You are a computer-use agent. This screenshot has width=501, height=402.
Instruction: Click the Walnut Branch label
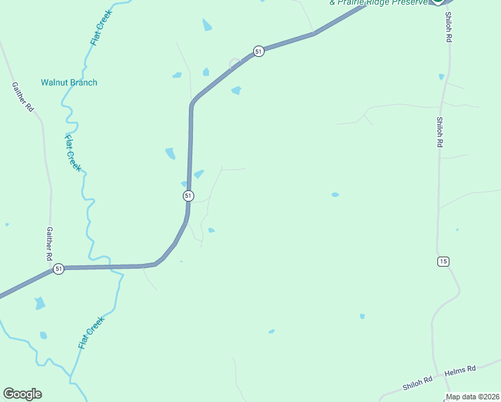coord(69,82)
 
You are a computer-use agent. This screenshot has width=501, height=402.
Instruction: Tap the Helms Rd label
coord(462,368)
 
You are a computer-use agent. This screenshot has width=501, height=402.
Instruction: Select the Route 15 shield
coord(443,261)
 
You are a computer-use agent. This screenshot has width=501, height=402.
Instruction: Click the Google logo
coord(22,394)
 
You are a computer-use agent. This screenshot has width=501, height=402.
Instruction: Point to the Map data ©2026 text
coord(472,397)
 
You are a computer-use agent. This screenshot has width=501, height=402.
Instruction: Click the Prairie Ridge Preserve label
coord(378,3)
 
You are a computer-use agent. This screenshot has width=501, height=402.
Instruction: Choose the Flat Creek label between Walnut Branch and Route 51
coord(73,153)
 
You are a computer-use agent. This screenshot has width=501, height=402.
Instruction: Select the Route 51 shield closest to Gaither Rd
coord(59,269)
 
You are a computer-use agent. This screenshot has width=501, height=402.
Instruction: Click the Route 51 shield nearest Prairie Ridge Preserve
coord(259,51)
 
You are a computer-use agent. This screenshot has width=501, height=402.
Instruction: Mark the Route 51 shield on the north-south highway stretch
coord(188,196)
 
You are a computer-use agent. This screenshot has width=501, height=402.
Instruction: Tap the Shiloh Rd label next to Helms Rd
coord(419,383)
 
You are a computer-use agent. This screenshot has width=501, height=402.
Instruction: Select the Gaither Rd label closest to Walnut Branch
coord(21,96)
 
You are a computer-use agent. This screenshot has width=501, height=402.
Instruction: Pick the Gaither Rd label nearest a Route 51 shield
coord(49,243)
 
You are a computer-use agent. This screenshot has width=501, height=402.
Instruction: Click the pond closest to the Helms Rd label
coord(362,316)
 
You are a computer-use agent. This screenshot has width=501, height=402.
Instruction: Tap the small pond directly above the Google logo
coord(44,335)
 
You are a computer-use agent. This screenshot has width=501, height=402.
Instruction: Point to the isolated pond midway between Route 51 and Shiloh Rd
coord(335,195)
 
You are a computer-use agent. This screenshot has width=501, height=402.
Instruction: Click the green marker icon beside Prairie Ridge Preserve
coord(438,2)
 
